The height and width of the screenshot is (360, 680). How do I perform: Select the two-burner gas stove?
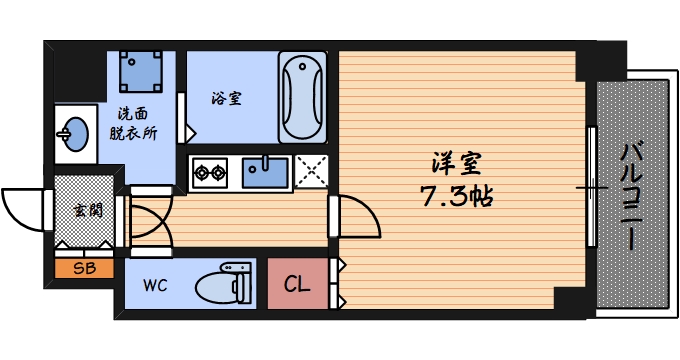(x=211, y=172)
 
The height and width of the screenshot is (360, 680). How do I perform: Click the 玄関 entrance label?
(x=84, y=211)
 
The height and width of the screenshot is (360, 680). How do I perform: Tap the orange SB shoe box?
(x=84, y=268)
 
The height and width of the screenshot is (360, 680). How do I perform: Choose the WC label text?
(x=154, y=285)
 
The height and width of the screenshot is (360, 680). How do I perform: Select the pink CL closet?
(x=297, y=285)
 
